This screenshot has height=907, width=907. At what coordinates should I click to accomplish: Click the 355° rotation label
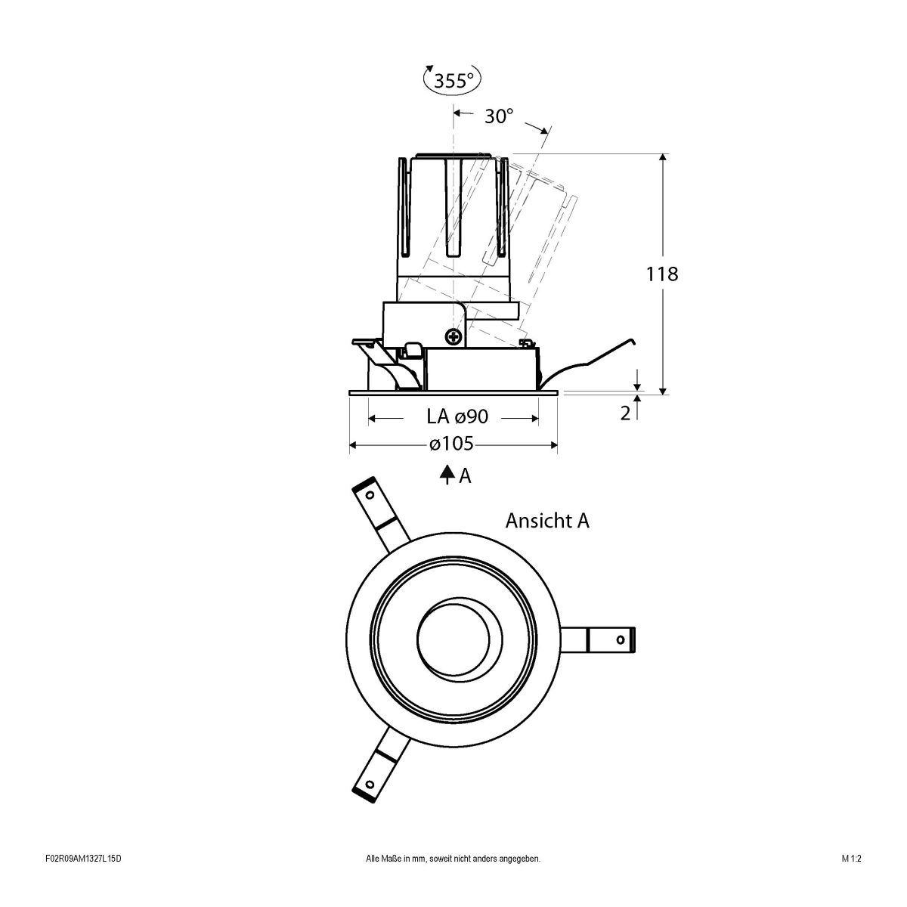tap(453, 80)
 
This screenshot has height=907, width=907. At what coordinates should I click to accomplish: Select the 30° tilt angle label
tap(498, 116)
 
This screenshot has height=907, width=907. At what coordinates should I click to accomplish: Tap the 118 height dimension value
tap(662, 274)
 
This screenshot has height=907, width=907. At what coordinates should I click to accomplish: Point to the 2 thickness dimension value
tap(625, 413)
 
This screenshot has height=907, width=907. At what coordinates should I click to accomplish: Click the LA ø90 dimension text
tap(457, 416)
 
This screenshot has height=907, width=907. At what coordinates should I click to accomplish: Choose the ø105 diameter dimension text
tap(451, 444)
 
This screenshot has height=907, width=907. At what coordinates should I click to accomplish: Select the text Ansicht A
tap(547, 521)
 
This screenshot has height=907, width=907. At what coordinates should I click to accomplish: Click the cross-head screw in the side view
tap(453, 336)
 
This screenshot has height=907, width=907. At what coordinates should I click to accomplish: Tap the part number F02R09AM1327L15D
tap(84, 879)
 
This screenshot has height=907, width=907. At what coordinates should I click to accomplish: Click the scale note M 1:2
tap(851, 879)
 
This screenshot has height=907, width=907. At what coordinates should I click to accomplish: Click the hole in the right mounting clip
tap(620, 639)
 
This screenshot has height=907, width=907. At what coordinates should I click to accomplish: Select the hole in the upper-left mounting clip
tap(370, 496)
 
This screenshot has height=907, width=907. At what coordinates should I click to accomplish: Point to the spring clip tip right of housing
tap(633, 342)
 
